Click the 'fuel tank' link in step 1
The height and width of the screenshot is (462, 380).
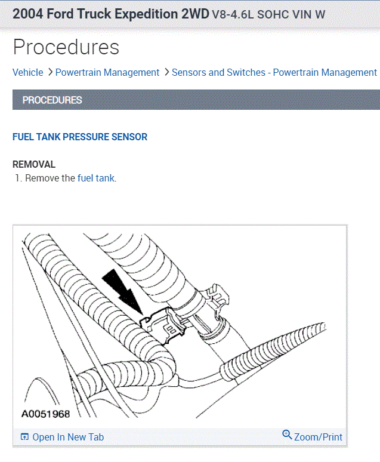96,178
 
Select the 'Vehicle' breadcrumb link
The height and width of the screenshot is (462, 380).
28,72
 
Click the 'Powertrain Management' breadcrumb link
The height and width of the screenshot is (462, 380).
107,72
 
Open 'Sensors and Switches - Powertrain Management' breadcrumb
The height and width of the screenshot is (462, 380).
274,72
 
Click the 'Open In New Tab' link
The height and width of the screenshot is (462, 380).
67,437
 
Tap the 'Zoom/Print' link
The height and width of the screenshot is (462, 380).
318,437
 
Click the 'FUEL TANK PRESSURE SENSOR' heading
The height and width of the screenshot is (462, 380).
80,137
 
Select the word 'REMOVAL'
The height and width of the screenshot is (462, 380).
34,164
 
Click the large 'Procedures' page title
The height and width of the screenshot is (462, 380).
66,47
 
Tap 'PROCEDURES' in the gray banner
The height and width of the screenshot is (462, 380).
52,100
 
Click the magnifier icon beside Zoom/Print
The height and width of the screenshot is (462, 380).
287,435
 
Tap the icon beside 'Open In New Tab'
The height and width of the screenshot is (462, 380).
24,437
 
